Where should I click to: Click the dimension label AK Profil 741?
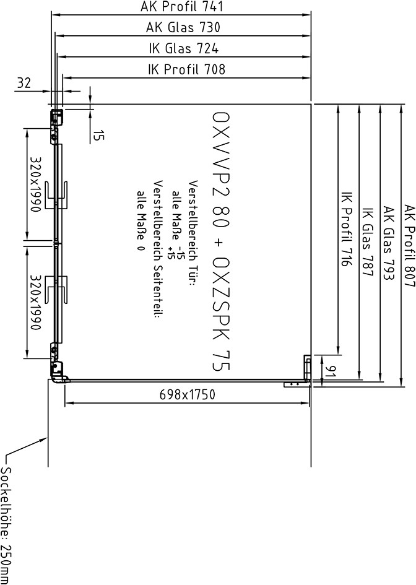click(x=181, y=6)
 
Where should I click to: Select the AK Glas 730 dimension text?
click(x=183, y=27)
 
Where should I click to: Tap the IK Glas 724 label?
click(x=184, y=48)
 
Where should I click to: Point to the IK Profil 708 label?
click(x=186, y=69)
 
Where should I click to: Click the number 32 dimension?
click(x=24, y=82)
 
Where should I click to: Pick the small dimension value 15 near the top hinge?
click(x=98, y=135)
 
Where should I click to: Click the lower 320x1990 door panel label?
click(x=35, y=302)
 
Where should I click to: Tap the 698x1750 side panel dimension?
click(x=188, y=394)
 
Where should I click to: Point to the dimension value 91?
click(x=329, y=371)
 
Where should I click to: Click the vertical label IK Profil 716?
click(x=347, y=229)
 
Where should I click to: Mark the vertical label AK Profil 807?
click(x=410, y=246)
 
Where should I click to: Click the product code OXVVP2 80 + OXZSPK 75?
click(x=220, y=241)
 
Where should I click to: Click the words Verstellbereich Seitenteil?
click(x=158, y=249)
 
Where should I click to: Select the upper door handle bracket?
click(x=56, y=195)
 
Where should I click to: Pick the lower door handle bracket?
click(x=56, y=290)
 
